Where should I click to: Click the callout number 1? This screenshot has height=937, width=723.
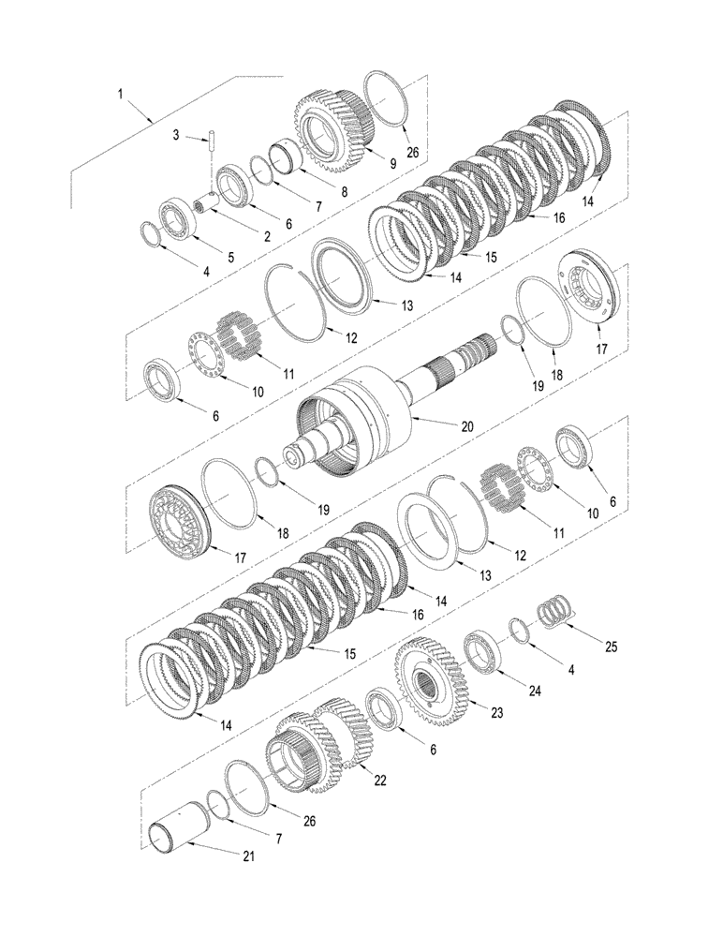pos(120,94)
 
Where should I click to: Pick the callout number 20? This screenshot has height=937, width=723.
pos(467,425)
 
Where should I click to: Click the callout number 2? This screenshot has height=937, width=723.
pos(266,237)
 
